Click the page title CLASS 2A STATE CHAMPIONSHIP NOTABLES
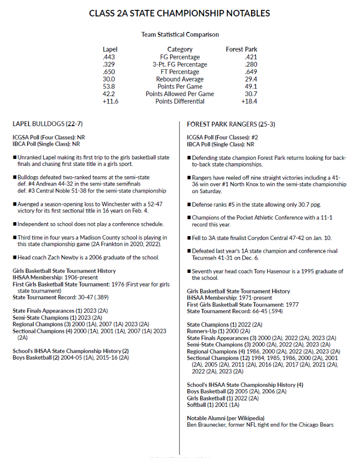pyautogui.click(x=180, y=13)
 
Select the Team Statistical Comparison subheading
pyautogui.click(x=180, y=35)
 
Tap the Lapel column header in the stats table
pyautogui.click(x=110, y=49)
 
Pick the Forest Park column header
pyautogui.click(x=241, y=49)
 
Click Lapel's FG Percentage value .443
pyautogui.click(x=109, y=57)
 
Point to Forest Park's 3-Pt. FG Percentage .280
pyautogui.click(x=251, y=64)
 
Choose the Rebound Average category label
pyautogui.click(x=180, y=79)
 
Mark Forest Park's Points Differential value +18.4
pyautogui.click(x=249, y=101)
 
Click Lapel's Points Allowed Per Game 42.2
pyautogui.click(x=109, y=94)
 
